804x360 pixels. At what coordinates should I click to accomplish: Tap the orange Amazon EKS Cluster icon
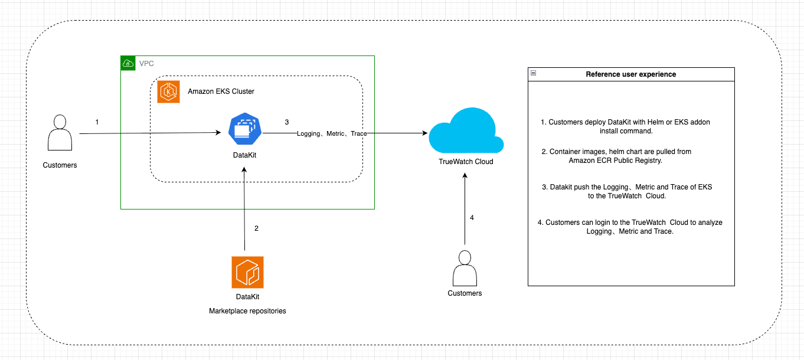click(x=168, y=92)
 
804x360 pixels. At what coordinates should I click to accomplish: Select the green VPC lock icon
click(x=128, y=63)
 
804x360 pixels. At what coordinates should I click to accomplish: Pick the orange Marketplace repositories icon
click(x=247, y=272)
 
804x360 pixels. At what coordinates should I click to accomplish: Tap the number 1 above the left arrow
click(x=97, y=122)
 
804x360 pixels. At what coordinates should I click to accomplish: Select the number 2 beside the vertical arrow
click(x=256, y=228)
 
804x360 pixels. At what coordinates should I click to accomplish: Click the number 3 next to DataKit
click(x=287, y=122)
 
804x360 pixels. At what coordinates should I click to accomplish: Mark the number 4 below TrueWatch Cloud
click(x=472, y=218)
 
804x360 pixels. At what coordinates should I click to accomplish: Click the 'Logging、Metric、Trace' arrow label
click(x=332, y=134)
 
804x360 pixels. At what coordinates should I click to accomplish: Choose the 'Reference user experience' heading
click(x=630, y=74)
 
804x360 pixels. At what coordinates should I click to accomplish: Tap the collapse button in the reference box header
click(x=534, y=74)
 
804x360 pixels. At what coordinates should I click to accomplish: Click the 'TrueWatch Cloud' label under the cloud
click(x=466, y=162)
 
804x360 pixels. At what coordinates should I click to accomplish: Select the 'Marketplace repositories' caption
click(x=247, y=311)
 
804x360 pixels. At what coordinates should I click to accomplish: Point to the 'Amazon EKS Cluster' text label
click(x=221, y=92)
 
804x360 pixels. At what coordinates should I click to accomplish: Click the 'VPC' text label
click(x=146, y=63)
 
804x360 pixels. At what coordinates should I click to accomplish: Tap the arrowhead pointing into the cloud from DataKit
click(x=424, y=134)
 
